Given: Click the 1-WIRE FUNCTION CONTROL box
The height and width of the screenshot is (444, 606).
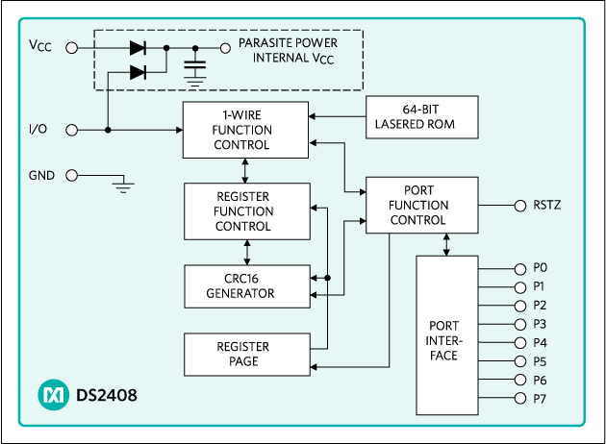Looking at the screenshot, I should (x=245, y=130).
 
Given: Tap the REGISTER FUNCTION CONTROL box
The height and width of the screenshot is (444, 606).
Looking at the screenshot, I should (x=247, y=211).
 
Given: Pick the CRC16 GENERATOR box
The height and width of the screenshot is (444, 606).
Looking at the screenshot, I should (x=247, y=285).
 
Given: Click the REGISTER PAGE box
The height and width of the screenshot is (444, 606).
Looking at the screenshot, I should (x=247, y=355).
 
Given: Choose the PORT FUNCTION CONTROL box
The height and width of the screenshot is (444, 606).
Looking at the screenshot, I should (x=420, y=205).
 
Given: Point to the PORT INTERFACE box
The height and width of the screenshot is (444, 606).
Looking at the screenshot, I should (x=445, y=335).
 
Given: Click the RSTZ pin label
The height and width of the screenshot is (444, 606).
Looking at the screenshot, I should (x=546, y=205).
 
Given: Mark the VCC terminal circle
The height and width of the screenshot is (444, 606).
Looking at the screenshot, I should (x=70, y=46).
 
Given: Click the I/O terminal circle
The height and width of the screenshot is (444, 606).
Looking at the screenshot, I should (x=70, y=130).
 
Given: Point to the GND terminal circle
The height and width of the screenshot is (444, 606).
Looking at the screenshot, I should (x=70, y=176).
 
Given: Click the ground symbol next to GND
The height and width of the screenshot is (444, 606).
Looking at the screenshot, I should (x=122, y=185).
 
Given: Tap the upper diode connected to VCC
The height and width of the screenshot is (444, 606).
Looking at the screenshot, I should (x=137, y=46).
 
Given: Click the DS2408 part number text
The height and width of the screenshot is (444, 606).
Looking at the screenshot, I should (x=106, y=395).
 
